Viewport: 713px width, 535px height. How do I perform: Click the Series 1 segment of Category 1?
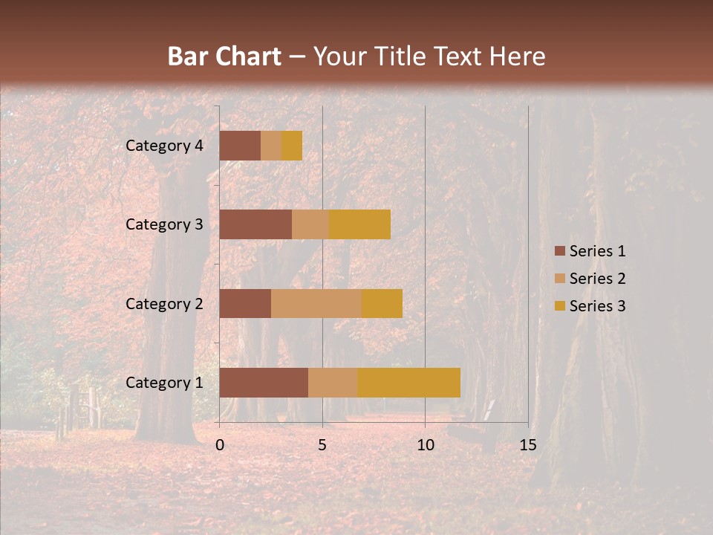[264, 383]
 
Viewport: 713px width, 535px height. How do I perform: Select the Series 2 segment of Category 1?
[333, 383]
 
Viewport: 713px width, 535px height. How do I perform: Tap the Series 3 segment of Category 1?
[408, 383]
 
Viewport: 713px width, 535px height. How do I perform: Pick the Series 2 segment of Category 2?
[316, 303]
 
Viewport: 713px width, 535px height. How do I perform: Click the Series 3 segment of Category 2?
[382, 303]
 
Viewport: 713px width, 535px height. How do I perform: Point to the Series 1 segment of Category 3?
[255, 224]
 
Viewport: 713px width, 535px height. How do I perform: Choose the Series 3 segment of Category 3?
[359, 224]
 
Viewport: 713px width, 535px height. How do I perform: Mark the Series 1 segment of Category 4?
[240, 146]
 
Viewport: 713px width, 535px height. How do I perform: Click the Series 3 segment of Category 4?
[292, 146]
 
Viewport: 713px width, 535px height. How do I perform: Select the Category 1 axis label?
[164, 383]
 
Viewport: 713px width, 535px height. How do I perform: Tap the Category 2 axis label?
[164, 303]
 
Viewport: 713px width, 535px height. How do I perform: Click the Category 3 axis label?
[164, 224]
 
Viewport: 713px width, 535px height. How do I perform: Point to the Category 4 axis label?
[164, 146]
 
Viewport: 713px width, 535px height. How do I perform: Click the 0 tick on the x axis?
[220, 445]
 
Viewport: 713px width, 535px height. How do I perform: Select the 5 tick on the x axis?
[322, 445]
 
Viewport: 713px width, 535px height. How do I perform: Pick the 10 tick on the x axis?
[425, 445]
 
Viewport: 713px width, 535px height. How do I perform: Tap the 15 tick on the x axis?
[528, 445]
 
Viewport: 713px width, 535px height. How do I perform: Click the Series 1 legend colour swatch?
[560, 251]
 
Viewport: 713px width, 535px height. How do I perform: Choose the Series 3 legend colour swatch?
[560, 306]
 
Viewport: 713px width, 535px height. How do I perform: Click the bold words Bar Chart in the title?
[224, 56]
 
